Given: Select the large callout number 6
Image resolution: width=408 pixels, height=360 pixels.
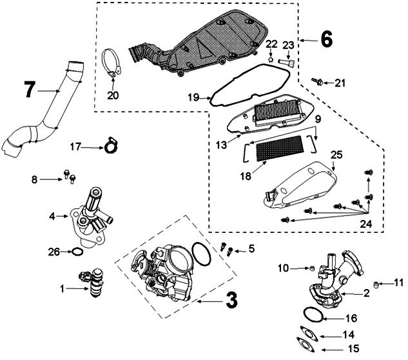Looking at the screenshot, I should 326,40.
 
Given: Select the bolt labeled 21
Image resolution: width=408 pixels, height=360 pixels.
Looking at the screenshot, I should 318,81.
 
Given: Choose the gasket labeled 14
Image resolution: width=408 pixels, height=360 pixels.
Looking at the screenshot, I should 306,335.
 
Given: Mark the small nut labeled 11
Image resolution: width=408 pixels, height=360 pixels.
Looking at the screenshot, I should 374,284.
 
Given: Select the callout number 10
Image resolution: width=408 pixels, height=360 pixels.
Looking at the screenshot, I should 284,266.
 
